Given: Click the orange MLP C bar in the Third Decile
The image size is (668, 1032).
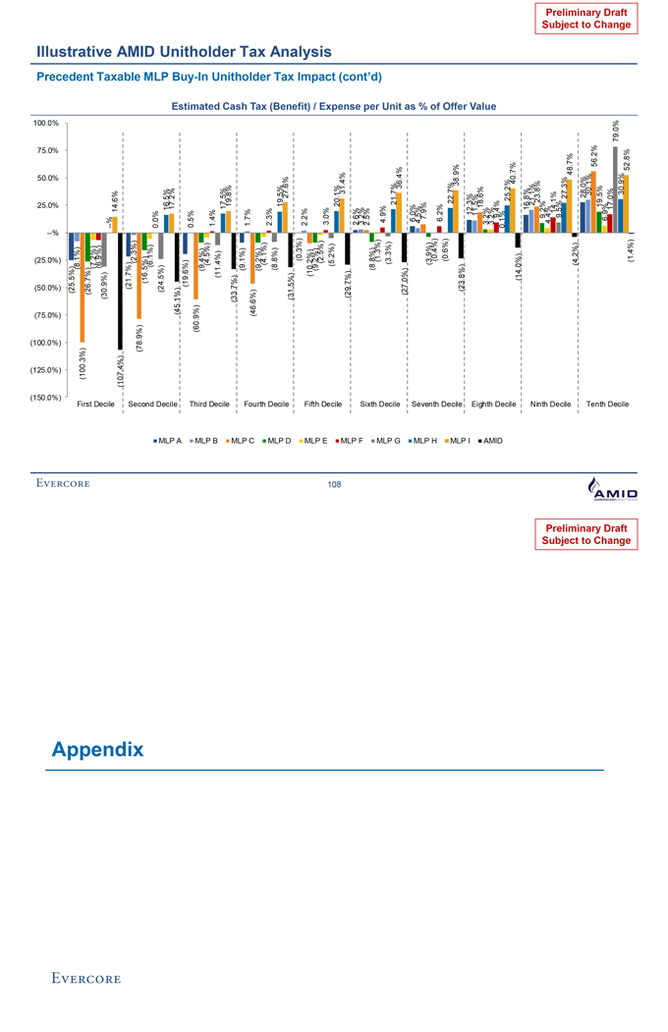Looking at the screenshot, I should coord(195,265).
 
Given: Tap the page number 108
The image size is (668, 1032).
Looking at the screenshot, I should coord(334,484).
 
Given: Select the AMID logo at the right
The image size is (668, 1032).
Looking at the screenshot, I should coord(611,485).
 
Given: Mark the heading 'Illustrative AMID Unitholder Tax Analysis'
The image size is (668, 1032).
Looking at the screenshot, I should coord(184,51).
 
